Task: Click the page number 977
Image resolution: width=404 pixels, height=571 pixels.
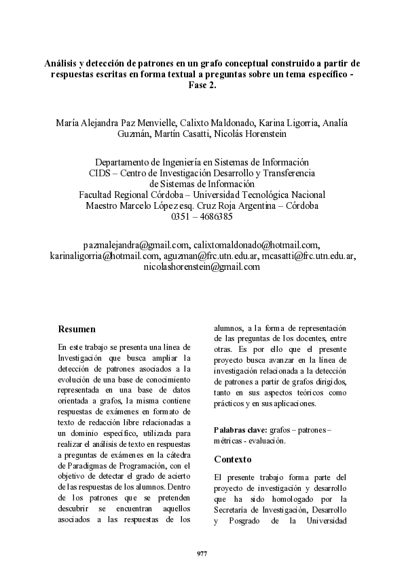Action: pos(202,554)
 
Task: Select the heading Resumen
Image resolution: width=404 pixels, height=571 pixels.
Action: pos(76,329)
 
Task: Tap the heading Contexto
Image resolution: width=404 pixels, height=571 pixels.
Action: pos(233,458)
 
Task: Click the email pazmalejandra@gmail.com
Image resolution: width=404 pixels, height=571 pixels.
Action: pos(136,245)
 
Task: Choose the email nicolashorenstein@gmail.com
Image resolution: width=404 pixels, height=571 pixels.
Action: pos(202,267)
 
